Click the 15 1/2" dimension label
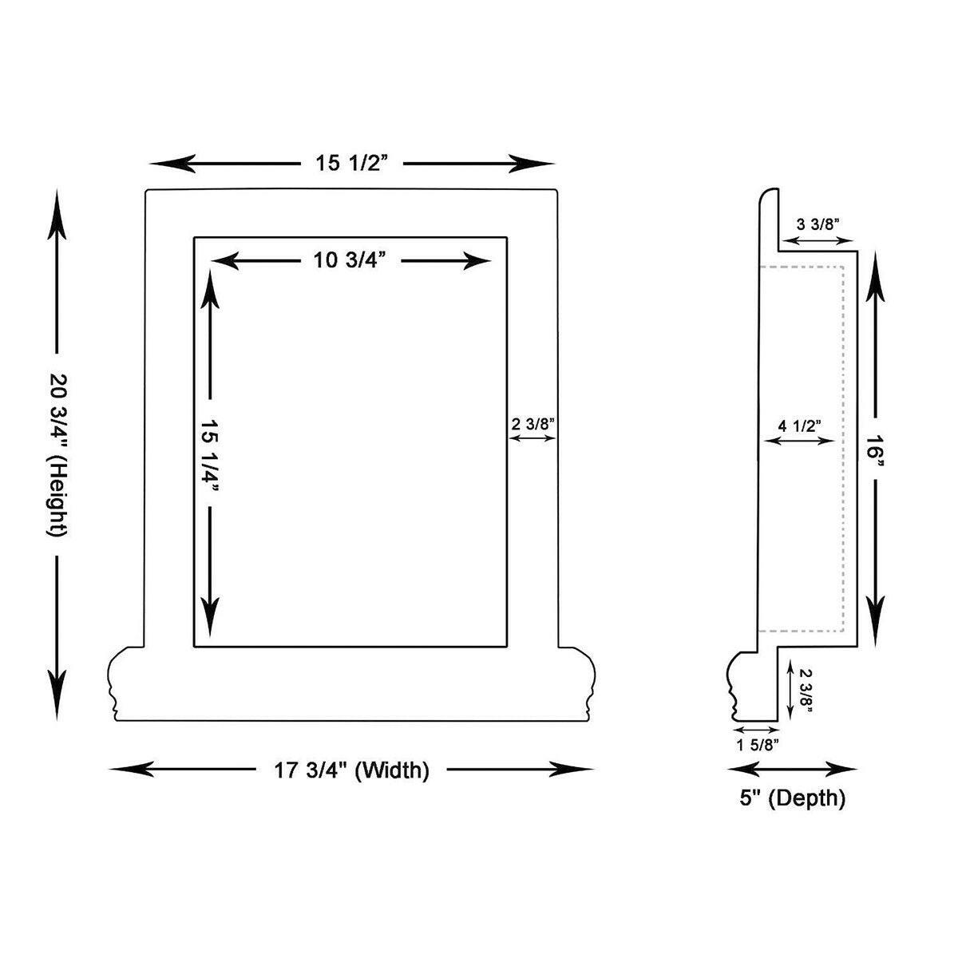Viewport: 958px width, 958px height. (351, 163)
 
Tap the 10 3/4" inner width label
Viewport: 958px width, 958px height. (350, 259)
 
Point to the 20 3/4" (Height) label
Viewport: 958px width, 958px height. (57, 454)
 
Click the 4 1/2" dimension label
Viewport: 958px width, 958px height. (799, 426)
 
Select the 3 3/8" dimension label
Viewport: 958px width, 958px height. (817, 224)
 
